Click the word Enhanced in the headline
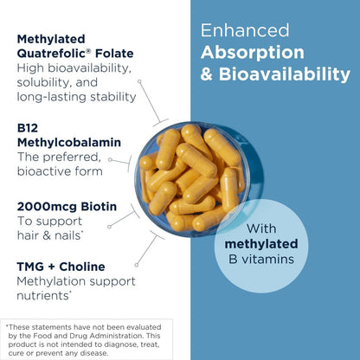click(x=245, y=30)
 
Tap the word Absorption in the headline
click(x=253, y=53)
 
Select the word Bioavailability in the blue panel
click(x=285, y=74)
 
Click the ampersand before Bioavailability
click(x=207, y=74)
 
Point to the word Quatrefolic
click(x=52, y=54)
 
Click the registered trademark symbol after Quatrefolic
click(x=89, y=51)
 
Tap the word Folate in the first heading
click(x=114, y=54)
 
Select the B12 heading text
click(x=28, y=128)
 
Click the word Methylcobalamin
click(x=69, y=143)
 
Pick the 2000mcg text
click(x=47, y=207)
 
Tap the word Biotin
click(x=99, y=207)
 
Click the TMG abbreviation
click(x=30, y=267)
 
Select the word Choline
click(x=82, y=267)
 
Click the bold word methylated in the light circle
click(x=261, y=244)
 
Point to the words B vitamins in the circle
click(x=261, y=260)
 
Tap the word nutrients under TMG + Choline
click(x=42, y=296)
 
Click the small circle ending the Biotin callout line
click(x=109, y=227)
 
